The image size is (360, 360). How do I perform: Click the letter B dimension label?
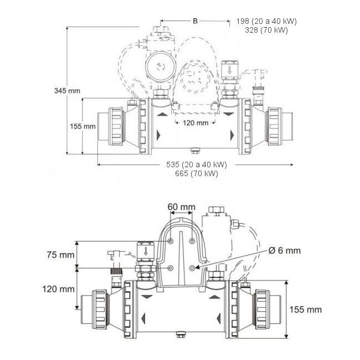coord(194,20)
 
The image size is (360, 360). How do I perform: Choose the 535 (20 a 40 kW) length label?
coord(197,165)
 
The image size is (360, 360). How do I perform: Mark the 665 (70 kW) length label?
coord(197,173)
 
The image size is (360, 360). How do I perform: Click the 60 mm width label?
coord(181,207)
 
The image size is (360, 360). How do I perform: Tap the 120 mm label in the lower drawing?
coord(59,289)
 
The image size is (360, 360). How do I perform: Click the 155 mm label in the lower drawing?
coord(307,309)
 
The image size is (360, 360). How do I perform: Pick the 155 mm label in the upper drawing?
coord(83,126)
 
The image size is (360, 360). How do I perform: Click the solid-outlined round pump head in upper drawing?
coord(160,67)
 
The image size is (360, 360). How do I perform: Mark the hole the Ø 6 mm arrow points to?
coord(192,268)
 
